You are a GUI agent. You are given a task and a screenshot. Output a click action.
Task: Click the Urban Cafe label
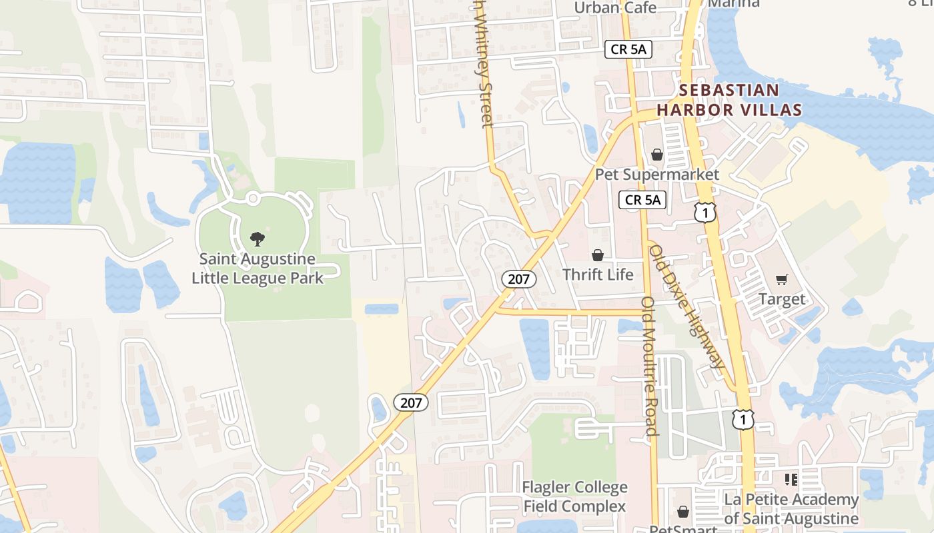[x=615, y=8]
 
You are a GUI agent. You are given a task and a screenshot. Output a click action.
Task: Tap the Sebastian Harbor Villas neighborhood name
[x=729, y=100]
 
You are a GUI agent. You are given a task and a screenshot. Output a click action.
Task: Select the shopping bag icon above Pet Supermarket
[x=657, y=155]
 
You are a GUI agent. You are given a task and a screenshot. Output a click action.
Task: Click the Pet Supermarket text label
[x=657, y=175]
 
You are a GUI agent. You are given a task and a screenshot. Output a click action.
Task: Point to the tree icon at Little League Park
[x=258, y=239]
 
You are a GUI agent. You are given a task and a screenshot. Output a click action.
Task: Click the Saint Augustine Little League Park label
[x=258, y=268]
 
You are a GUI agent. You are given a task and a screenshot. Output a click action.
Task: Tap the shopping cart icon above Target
[x=782, y=280]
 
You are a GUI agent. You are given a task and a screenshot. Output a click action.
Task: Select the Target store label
[x=782, y=299]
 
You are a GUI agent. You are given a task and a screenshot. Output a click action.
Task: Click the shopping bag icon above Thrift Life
[x=598, y=255]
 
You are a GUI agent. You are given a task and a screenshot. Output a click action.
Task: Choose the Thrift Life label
[x=598, y=274]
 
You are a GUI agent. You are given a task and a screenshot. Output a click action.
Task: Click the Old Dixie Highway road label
[x=686, y=306]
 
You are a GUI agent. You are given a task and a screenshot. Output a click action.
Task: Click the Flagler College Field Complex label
[x=574, y=497]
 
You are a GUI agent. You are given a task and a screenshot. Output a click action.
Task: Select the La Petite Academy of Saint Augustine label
[x=791, y=509]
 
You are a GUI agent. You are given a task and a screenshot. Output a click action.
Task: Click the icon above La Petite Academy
[x=791, y=480]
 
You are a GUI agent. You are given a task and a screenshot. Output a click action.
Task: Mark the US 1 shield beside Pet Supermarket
[x=705, y=213]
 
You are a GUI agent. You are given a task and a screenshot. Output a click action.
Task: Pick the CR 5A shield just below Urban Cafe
[x=628, y=49]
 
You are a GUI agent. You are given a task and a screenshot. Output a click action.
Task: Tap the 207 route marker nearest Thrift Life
[x=519, y=279]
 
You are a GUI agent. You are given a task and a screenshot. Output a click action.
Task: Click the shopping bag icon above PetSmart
[x=683, y=512]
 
